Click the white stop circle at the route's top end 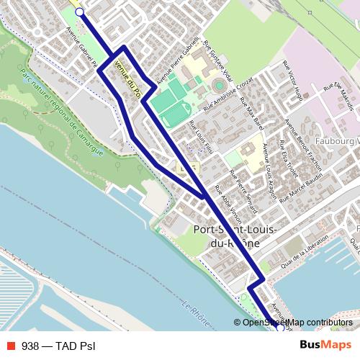coord(79,12)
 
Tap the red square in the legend coord(9,346)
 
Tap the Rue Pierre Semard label coord(243,192)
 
